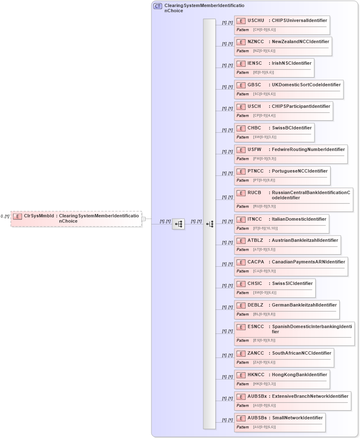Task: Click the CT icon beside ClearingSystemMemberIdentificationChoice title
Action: click(158, 6)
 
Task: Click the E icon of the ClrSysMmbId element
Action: click(17, 216)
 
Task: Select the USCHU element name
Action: click(255, 20)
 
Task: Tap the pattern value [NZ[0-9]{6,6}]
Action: click(264, 51)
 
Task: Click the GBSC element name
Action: click(254, 85)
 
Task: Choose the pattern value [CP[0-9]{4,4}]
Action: click(264, 116)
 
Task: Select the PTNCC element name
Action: click(255, 171)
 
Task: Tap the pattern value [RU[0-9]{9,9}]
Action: click(264, 207)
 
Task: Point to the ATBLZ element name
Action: click(255, 241)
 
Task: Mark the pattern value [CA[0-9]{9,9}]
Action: click(264, 271)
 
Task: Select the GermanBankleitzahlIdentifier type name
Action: click(304, 305)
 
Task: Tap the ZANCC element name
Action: click(255, 353)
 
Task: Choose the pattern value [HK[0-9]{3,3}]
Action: click(264, 384)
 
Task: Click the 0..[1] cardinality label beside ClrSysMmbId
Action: click(5, 217)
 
